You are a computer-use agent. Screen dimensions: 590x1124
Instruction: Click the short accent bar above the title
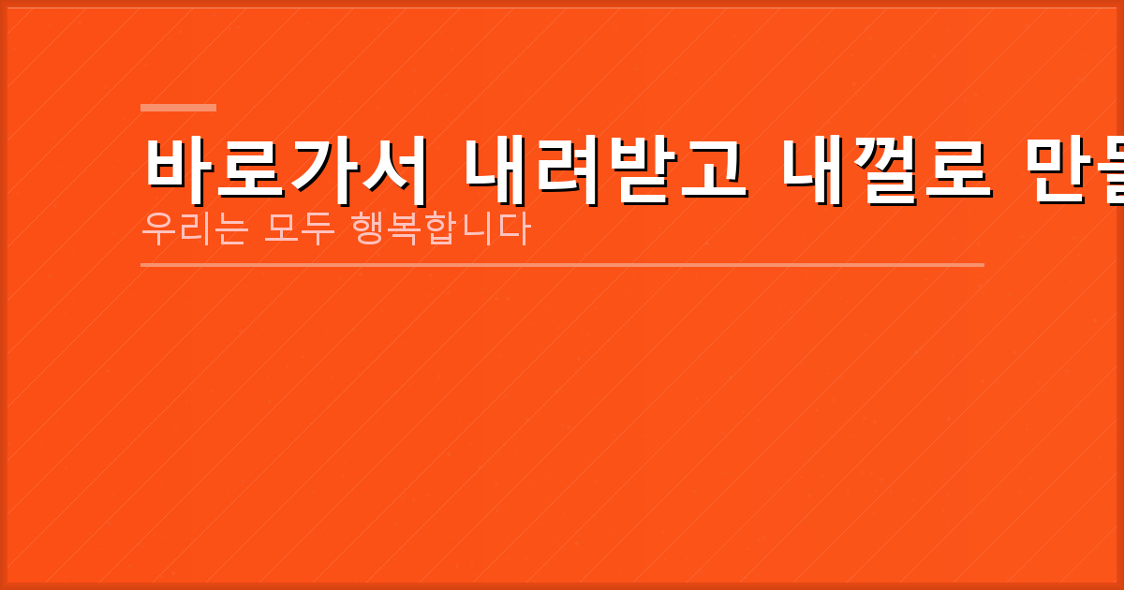[x=178, y=108]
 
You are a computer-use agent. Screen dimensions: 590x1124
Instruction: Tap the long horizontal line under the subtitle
[x=562, y=265]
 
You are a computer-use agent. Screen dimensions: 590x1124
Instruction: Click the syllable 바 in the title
[x=178, y=170]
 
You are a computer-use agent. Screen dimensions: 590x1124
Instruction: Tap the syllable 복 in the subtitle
[x=405, y=229]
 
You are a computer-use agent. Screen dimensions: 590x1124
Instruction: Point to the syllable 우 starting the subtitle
[x=157, y=229]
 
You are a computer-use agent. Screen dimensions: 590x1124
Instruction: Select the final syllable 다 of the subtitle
[x=513, y=229]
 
